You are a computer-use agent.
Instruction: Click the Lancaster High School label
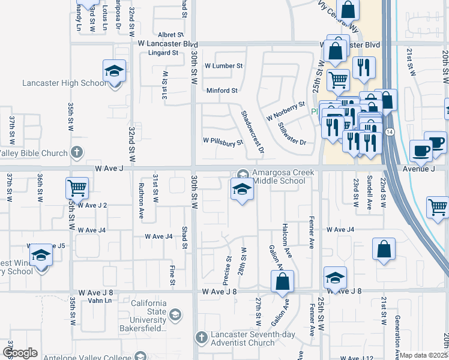tap(55, 83)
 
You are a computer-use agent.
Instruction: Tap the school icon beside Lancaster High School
tap(114, 72)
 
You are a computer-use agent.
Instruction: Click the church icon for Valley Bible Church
tap(76, 152)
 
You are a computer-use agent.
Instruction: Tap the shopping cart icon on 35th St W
tap(77, 188)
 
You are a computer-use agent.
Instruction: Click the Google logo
tap(20, 353)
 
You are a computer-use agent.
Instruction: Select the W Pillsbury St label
tap(223, 143)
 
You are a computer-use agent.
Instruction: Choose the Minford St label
tap(222, 91)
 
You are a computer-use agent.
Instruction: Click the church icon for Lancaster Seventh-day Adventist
tap(202, 337)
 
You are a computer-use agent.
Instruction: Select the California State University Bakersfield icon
tap(175, 314)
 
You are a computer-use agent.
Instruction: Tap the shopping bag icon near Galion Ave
tap(282, 281)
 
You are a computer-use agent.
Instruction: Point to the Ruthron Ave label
tap(142, 200)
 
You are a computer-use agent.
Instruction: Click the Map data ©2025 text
tap(424, 355)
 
